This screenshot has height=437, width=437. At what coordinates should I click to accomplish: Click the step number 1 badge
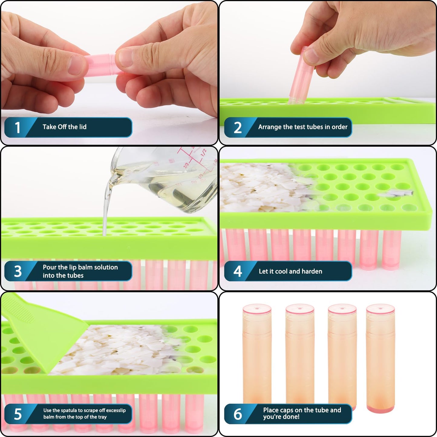point(18,127)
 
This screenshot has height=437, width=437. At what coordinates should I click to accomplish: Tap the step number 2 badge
point(238,127)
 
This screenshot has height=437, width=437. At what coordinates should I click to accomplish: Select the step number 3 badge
point(18,271)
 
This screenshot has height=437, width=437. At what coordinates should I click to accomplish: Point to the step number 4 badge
point(238,271)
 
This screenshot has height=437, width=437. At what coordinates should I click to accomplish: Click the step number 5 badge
point(18,414)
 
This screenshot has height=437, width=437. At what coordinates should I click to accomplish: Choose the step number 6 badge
point(238,414)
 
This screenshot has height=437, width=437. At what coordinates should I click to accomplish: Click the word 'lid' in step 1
point(83,127)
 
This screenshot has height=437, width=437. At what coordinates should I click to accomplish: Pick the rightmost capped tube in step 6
point(380,357)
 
